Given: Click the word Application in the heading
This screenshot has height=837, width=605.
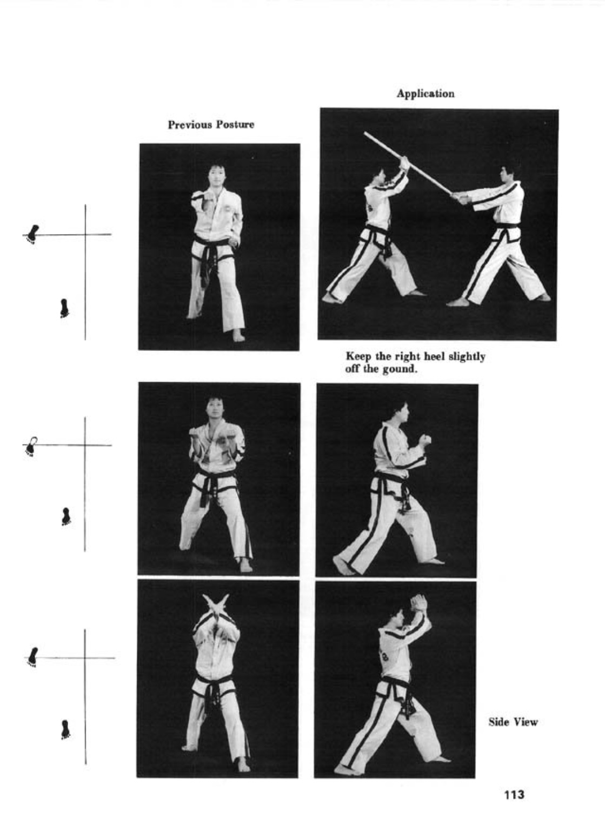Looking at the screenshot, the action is click(426, 94).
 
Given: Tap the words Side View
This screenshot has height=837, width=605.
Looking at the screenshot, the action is click(513, 722).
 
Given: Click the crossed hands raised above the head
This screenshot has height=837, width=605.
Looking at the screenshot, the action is click(215, 605).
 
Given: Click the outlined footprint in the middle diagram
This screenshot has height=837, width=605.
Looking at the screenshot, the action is click(32, 447).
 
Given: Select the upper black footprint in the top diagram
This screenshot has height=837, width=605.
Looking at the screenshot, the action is click(33, 234).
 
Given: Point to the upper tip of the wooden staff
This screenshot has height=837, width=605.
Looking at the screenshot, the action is click(365, 133).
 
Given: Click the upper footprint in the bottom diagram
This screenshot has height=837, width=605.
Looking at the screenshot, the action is click(33, 656).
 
